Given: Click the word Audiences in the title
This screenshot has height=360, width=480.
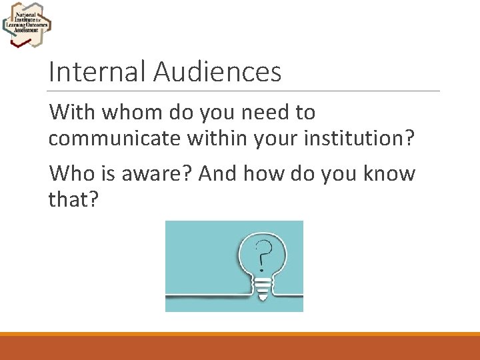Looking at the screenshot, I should [x=217, y=71].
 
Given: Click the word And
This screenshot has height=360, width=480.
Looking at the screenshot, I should [x=217, y=174].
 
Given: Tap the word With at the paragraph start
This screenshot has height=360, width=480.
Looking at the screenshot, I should [x=72, y=112].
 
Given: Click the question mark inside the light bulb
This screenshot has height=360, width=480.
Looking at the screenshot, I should [x=264, y=254].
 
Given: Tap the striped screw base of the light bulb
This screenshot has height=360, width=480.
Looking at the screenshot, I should [x=264, y=287].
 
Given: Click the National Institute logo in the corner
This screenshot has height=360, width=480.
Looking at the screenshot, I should [x=27, y=24].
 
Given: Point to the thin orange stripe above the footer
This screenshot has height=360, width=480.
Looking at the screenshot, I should [x=240, y=334].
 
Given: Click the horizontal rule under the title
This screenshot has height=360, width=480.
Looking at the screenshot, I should [x=244, y=91].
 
